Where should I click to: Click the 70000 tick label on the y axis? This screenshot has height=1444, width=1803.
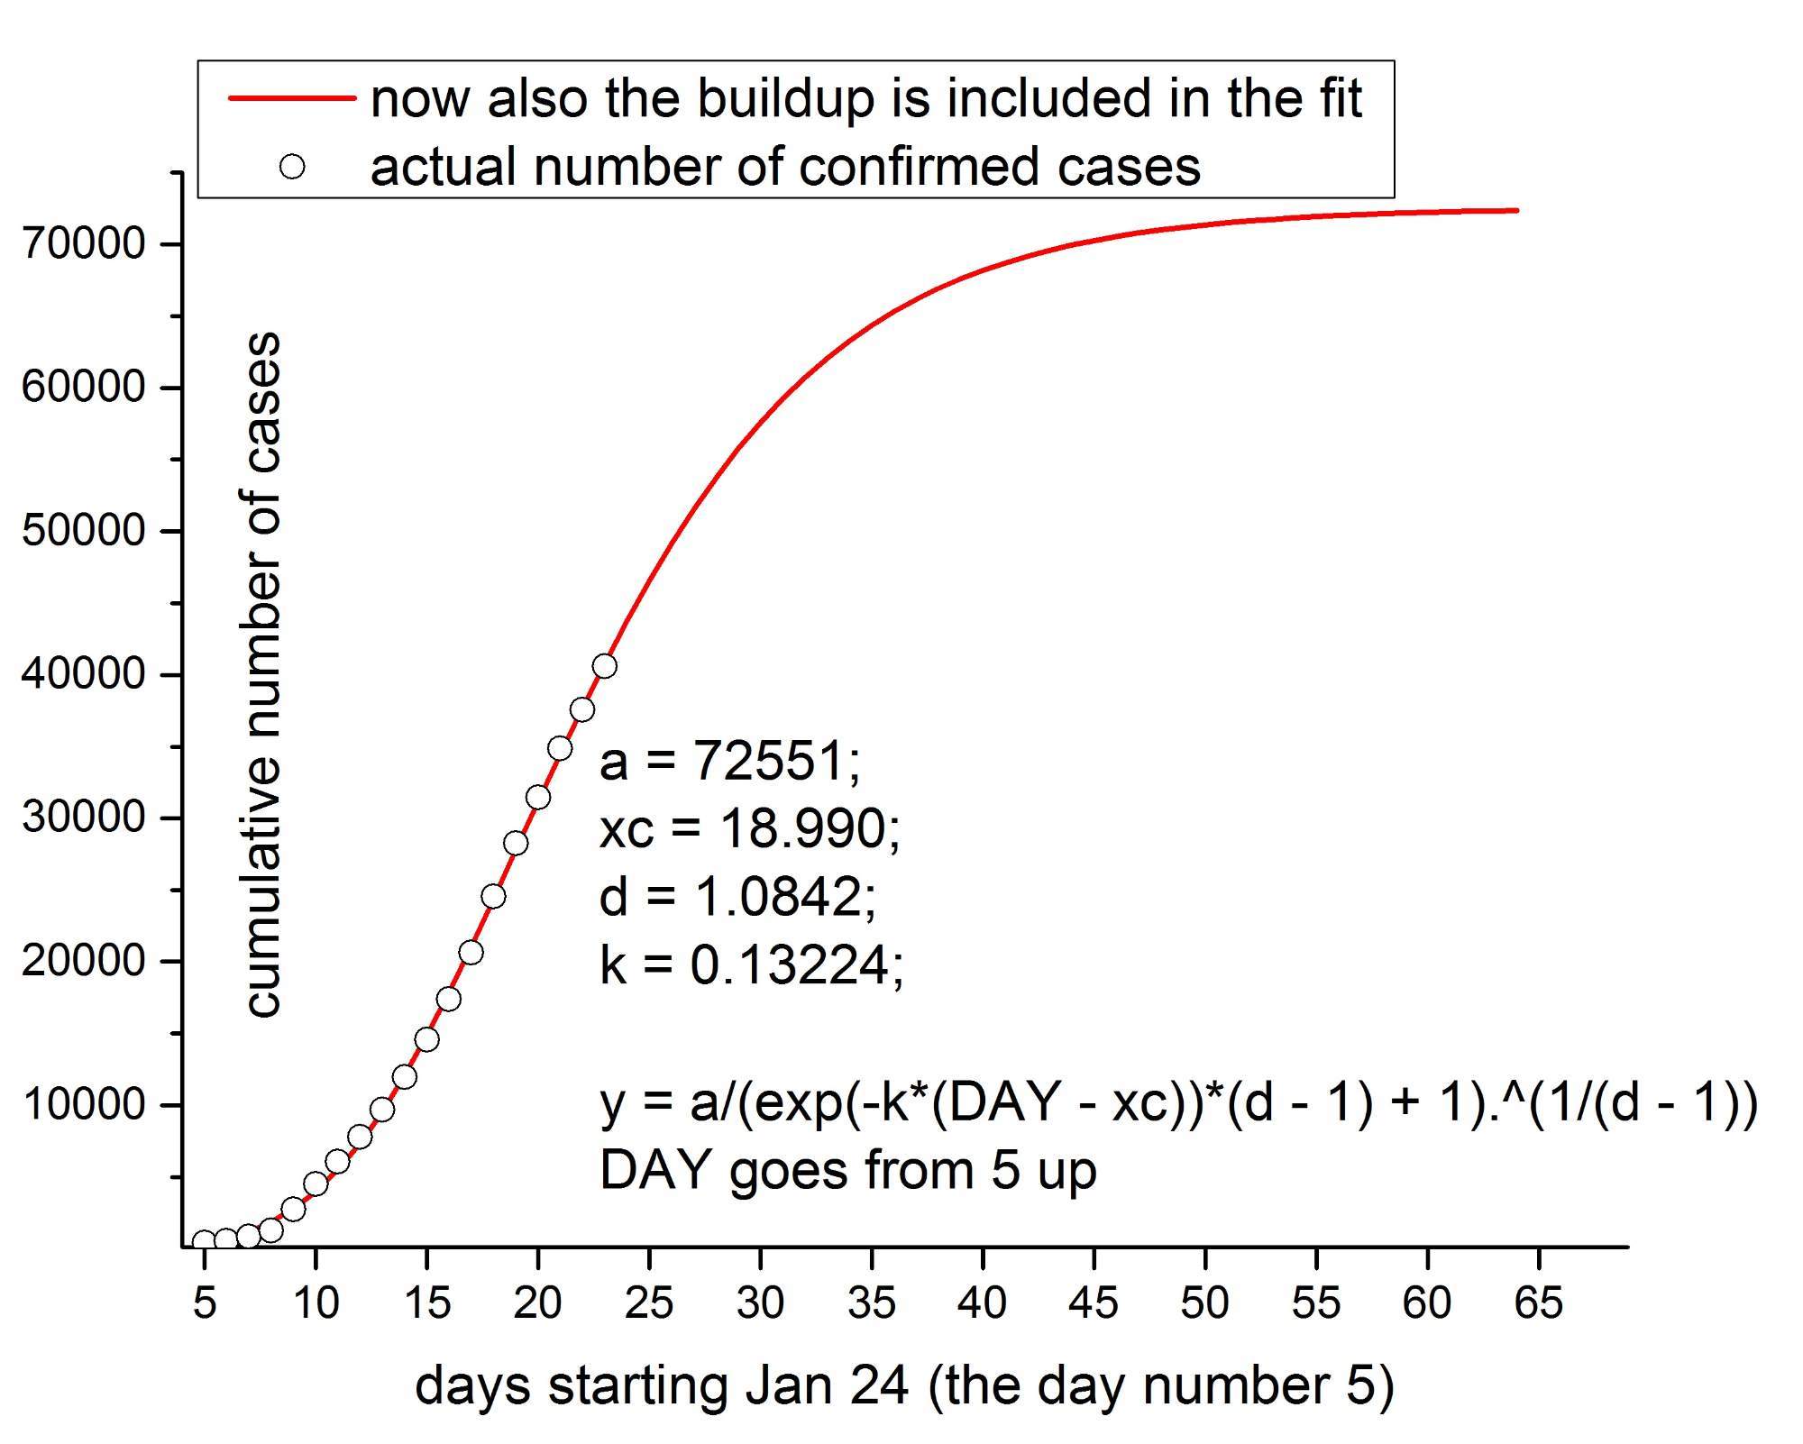(x=83, y=243)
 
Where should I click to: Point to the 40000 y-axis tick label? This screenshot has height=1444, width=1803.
(x=83, y=674)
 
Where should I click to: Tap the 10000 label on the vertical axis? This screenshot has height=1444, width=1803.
(x=83, y=1104)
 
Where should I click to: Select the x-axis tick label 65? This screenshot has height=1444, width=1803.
(x=1539, y=1302)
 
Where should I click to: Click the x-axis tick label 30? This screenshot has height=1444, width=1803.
(x=760, y=1302)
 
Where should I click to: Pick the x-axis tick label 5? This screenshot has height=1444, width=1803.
(x=205, y=1302)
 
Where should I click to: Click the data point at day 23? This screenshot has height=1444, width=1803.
(x=605, y=666)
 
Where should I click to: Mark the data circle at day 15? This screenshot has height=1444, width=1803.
(x=427, y=1039)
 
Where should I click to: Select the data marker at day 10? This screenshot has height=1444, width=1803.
(x=316, y=1184)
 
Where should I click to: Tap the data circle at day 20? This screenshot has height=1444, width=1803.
(x=538, y=797)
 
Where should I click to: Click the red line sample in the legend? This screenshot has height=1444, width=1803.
(x=291, y=98)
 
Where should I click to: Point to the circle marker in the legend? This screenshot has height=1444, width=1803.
(x=292, y=167)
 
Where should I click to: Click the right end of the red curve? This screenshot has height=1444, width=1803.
(x=1517, y=210)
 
